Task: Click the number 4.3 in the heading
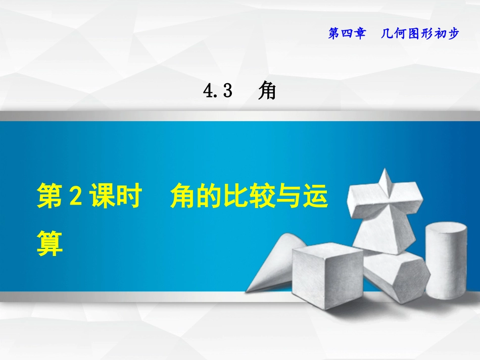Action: (217, 91)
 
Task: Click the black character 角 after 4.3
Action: (267, 91)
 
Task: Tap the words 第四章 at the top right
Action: (347, 34)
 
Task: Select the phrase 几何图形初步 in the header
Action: (419, 34)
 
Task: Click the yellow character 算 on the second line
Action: (50, 243)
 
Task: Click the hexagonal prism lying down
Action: (397, 275)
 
